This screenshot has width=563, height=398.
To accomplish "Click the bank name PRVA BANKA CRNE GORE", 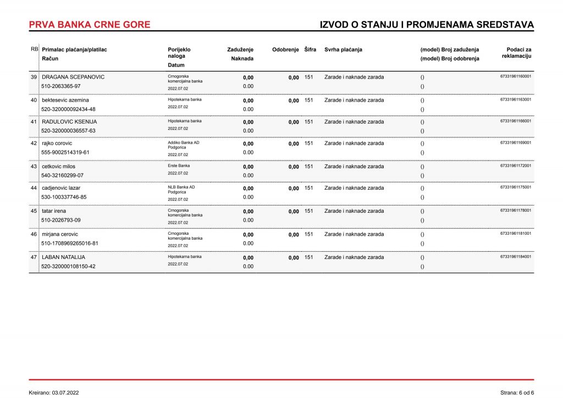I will [89, 25].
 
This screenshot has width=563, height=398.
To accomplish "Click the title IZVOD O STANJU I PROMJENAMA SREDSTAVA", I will [427, 25].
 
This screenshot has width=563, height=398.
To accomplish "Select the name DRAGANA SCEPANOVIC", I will [73, 77].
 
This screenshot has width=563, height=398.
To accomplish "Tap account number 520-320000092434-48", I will [68, 109].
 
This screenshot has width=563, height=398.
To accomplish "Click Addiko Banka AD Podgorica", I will [184, 145].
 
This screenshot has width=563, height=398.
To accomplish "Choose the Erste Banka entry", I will [179, 165].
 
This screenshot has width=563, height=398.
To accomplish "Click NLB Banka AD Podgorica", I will [181, 190].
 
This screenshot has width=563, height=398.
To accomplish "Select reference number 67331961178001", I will [516, 210].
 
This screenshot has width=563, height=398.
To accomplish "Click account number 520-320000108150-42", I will [68, 266].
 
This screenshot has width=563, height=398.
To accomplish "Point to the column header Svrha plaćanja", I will [343, 49].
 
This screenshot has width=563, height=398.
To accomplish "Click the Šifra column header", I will [310, 49].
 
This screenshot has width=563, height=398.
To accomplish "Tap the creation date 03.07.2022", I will [65, 393].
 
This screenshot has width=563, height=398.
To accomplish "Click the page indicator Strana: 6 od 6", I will [517, 393].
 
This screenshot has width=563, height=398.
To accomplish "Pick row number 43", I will [34, 167].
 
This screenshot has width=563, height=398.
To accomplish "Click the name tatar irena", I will [54, 211].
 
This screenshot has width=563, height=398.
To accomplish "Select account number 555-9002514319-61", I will [65, 152].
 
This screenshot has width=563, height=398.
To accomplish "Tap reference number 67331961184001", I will [516, 256].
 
